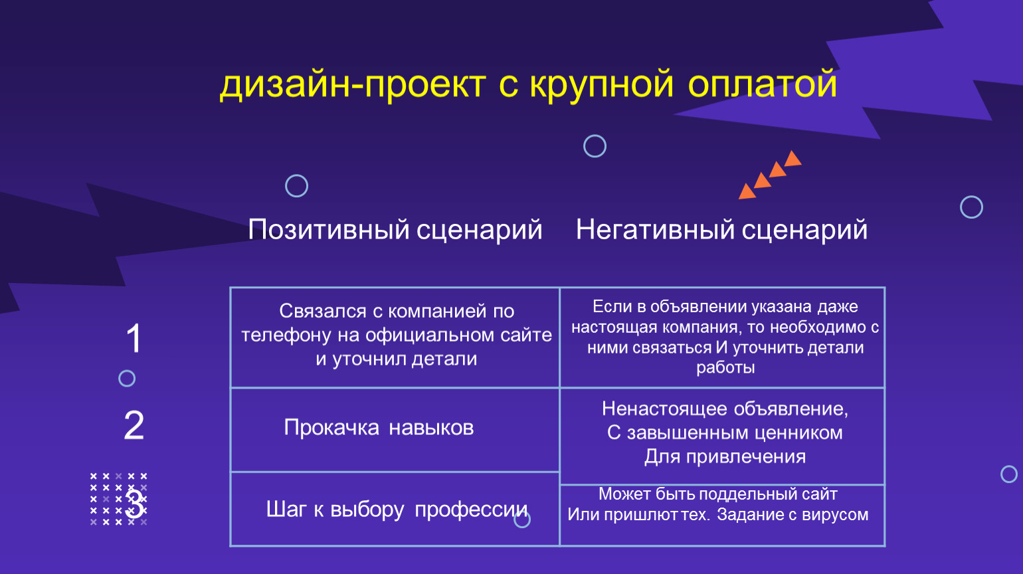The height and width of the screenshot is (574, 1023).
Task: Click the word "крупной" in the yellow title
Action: (601, 86)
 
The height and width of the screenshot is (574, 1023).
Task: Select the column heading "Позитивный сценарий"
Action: (395, 230)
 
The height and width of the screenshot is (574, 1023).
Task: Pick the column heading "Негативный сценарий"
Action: (721, 230)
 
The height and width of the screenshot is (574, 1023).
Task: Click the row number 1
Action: (134, 338)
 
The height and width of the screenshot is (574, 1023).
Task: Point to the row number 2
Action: (134, 425)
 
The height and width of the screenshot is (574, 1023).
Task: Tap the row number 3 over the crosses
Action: (136, 505)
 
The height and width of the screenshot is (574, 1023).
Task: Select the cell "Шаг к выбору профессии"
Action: (397, 510)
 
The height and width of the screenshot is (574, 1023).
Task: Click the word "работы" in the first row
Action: (725, 368)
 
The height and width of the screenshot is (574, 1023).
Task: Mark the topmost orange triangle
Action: (792, 159)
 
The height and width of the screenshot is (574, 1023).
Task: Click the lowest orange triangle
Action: (747, 192)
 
